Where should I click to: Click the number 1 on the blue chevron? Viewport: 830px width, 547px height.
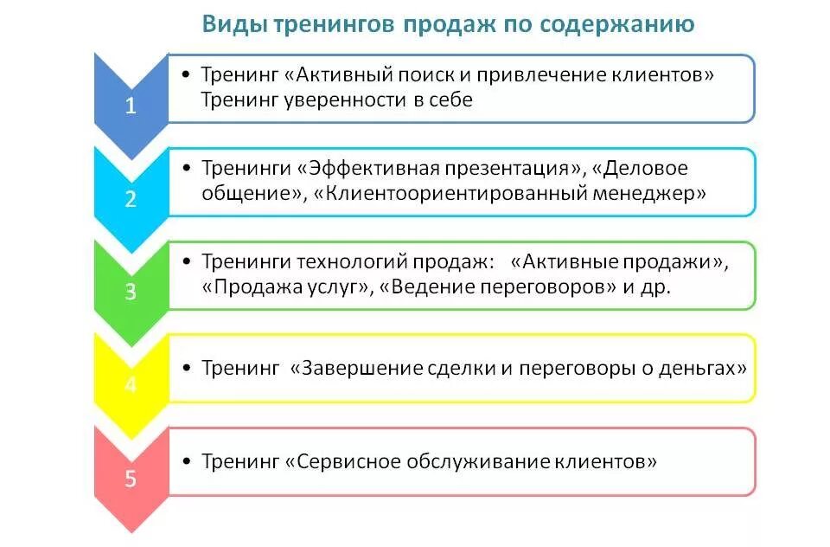(131, 107)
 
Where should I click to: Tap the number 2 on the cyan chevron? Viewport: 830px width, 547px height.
(131, 200)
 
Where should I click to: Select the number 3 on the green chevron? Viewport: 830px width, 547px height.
(131, 293)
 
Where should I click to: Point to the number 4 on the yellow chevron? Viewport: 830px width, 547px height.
(131, 384)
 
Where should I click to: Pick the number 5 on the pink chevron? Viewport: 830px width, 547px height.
(131, 478)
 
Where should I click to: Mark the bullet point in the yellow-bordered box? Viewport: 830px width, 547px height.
(187, 368)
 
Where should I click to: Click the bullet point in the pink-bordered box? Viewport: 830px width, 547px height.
(187, 461)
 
